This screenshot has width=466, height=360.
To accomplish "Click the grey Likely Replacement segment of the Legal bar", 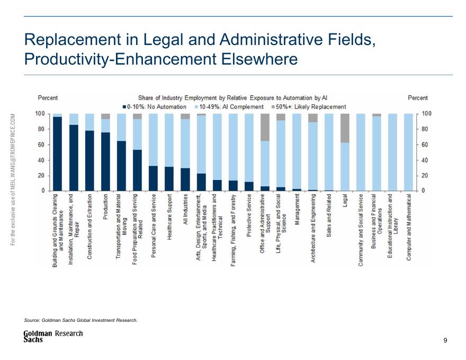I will coord(344,128).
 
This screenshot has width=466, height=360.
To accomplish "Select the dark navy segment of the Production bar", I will coord(105,161).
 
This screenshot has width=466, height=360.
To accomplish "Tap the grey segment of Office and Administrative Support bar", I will coord(265,127).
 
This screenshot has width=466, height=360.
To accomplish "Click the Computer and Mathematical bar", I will coord(408,152).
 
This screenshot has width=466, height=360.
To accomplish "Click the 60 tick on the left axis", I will coord(40,145).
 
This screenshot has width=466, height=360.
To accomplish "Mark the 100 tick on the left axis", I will coord(40,114).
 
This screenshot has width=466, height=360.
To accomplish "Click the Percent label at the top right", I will coord(418,98).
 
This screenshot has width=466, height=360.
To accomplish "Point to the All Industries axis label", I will coord(185,210).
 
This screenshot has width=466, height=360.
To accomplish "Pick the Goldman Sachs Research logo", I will coord(53,336).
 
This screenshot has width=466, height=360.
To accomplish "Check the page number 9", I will coord(445,340).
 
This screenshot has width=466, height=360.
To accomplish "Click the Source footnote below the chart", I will coord(81,320).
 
